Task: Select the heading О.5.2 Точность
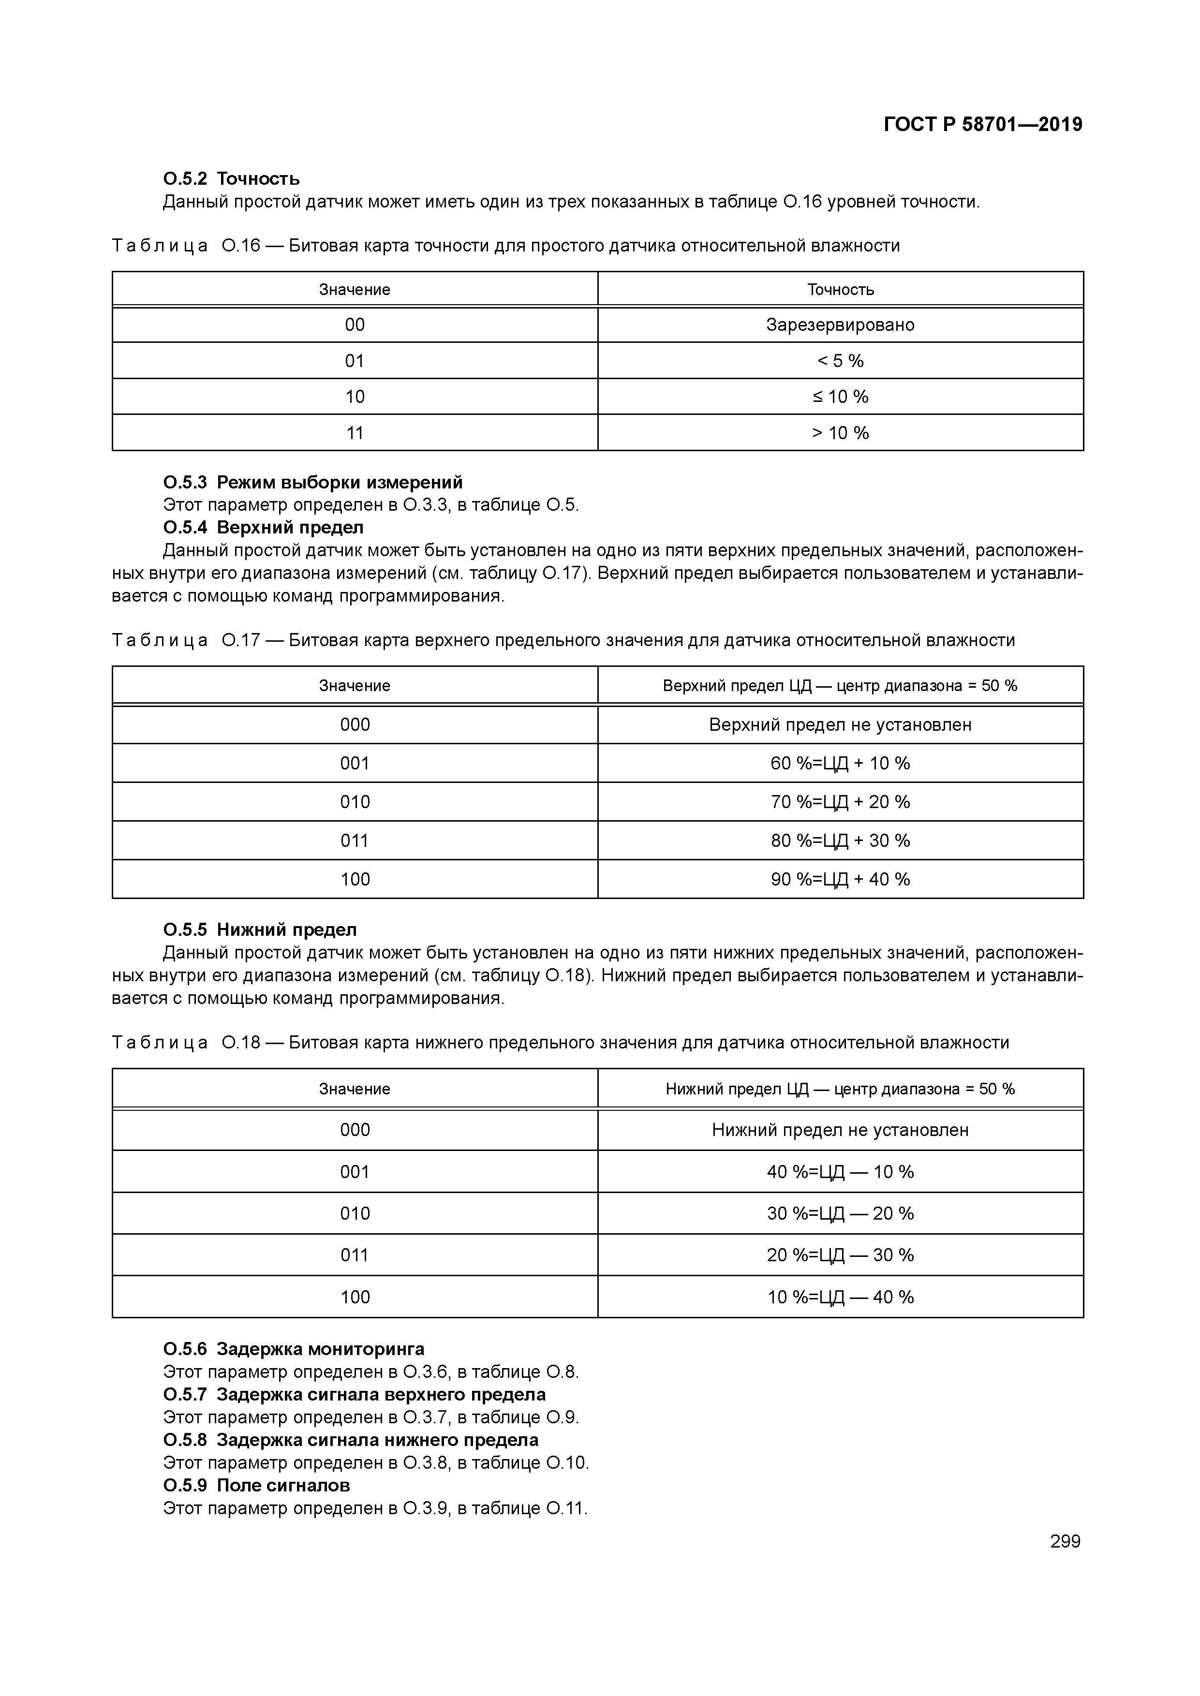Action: (231, 179)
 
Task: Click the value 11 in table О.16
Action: (355, 433)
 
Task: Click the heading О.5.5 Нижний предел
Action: (260, 930)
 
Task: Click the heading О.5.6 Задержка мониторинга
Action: (294, 1349)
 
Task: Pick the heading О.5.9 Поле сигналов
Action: (256, 1485)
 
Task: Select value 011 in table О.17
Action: (355, 841)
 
